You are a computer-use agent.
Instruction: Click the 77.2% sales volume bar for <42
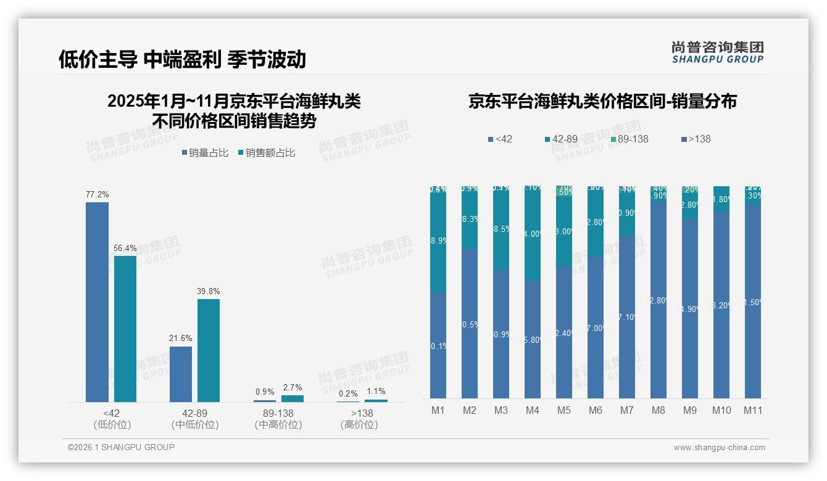97,302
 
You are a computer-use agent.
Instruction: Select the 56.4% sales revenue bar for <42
125,329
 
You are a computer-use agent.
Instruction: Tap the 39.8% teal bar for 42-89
209,350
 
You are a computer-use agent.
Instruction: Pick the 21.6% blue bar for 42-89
181,374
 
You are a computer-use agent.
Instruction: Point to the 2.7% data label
292,387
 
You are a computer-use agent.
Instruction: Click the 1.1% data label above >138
375,391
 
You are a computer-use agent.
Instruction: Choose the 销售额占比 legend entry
266,153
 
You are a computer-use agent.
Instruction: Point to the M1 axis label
438,410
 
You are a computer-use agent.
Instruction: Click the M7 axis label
627,410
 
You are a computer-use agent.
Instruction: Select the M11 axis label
753,410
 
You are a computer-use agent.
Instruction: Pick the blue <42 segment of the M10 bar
721,305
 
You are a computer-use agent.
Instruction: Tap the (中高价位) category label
278,425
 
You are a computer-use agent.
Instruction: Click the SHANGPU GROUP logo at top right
717,52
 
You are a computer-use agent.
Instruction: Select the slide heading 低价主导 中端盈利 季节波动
182,59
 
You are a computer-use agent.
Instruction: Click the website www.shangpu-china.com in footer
719,448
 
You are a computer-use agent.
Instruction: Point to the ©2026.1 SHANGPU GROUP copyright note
121,447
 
